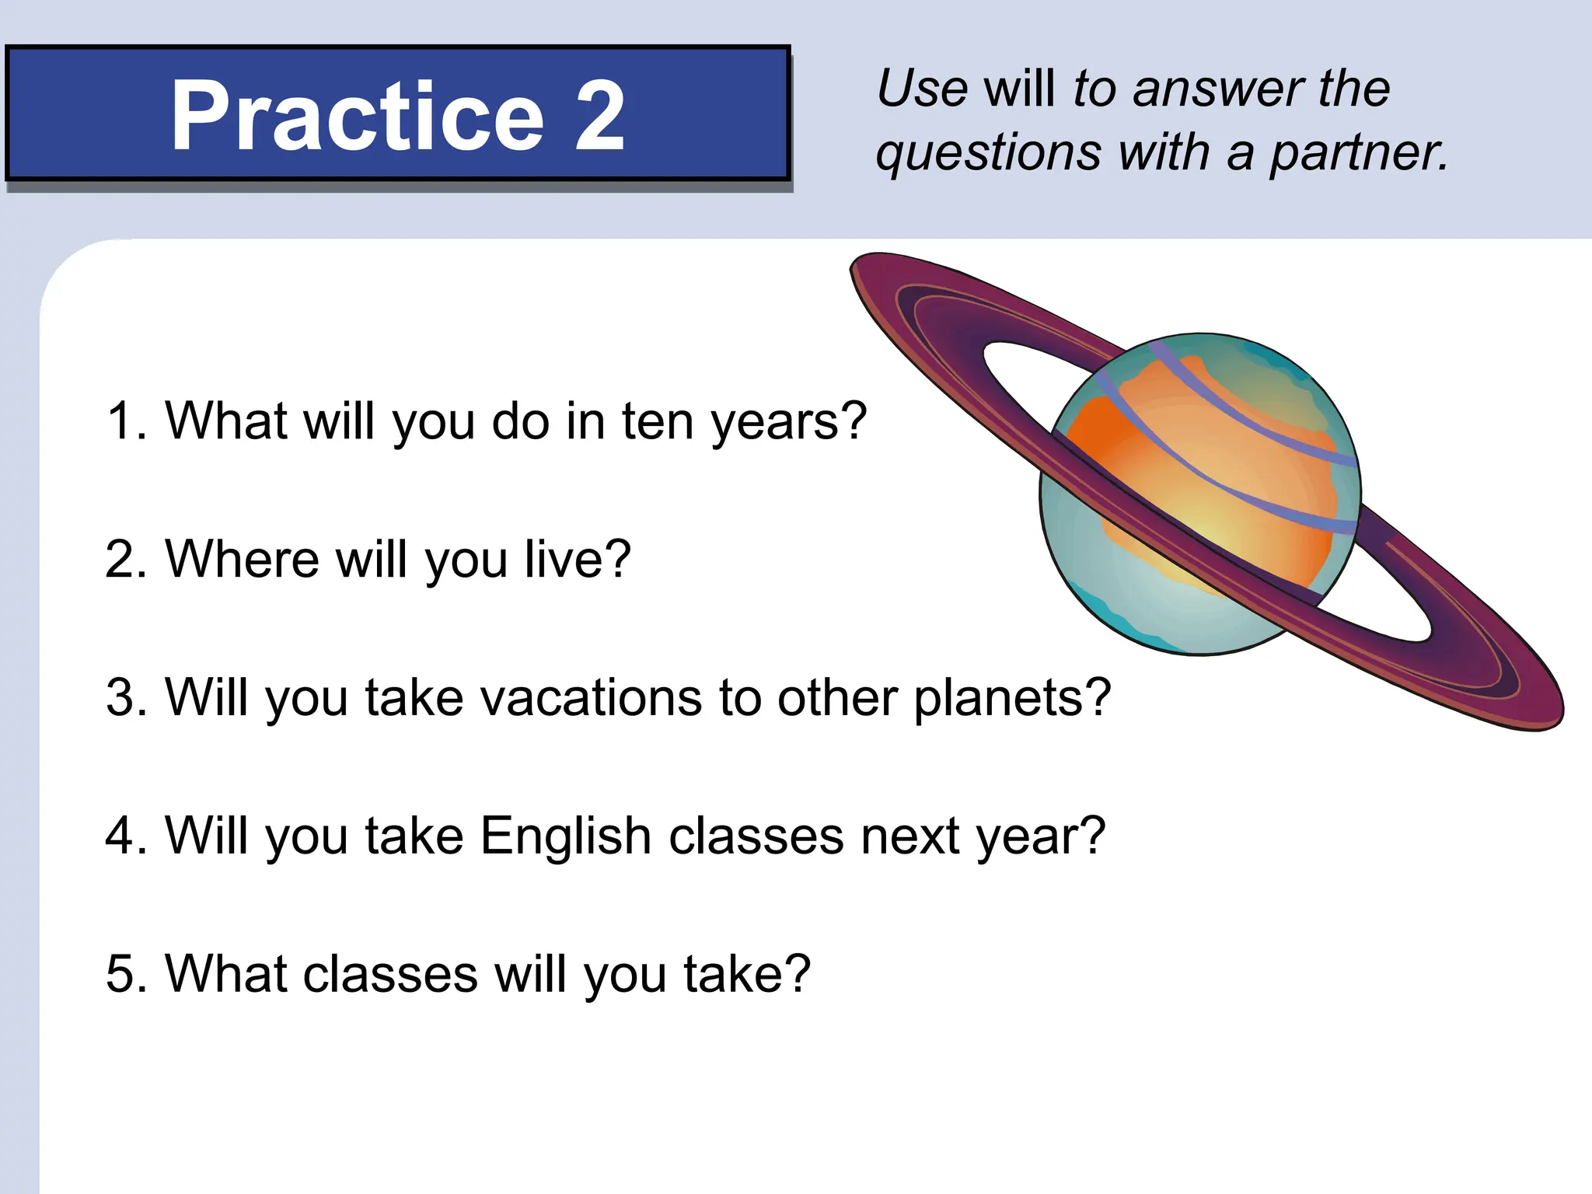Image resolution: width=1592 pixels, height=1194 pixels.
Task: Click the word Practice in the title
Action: [357, 117]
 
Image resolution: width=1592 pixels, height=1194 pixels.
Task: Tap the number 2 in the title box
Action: [599, 117]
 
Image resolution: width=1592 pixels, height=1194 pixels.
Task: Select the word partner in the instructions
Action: [1358, 152]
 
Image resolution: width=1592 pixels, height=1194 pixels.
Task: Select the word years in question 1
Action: [788, 423]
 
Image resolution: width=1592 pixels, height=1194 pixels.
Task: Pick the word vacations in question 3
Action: [592, 697]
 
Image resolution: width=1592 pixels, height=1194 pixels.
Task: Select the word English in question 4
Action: [566, 836]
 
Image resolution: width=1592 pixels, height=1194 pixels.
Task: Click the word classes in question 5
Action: [390, 974]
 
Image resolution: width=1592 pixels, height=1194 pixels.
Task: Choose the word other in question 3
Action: [838, 697]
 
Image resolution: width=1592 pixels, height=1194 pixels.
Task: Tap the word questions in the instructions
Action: [988, 154]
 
